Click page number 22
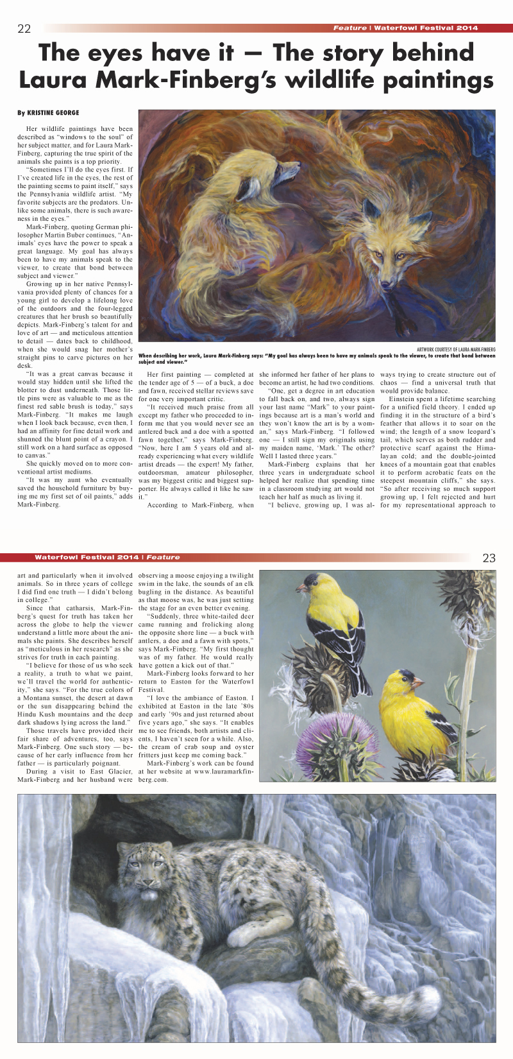pyautogui.click(x=24, y=28)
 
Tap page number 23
pyautogui.click(x=489, y=558)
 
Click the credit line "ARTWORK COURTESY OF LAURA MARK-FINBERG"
pyautogui.click(x=460, y=349)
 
